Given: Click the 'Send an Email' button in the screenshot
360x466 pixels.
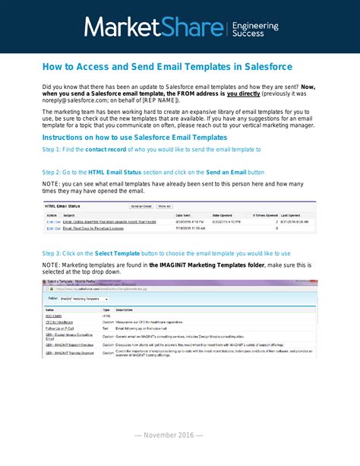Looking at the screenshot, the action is [141, 206].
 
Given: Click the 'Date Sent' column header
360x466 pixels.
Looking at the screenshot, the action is [183, 215].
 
